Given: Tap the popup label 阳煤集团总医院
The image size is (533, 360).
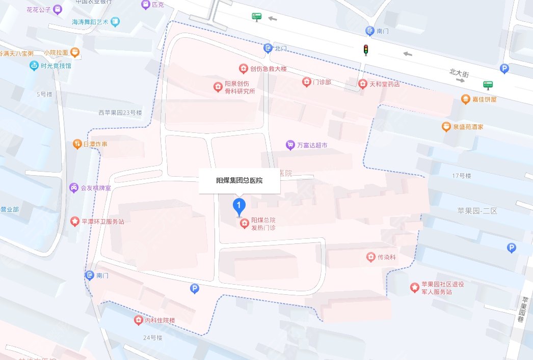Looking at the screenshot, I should (239, 181).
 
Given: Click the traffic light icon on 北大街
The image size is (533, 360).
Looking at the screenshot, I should (365, 49).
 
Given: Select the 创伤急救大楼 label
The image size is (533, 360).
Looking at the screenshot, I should (269, 69).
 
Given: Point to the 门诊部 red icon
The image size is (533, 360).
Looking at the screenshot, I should (306, 81).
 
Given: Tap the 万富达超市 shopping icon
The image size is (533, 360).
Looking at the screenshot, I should (290, 145).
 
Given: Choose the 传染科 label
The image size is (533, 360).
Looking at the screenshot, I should (386, 257).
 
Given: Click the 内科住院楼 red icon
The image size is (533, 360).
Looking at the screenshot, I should (138, 320).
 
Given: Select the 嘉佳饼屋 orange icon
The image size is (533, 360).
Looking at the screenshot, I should (465, 99).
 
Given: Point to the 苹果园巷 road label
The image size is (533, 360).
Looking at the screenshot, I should (520, 310).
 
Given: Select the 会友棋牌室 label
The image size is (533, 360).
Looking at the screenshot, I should (97, 188).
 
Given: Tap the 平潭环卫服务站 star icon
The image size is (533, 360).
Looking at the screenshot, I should (74, 221).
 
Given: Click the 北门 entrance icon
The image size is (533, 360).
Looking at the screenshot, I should (268, 48).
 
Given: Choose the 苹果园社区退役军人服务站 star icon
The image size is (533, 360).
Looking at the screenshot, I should (415, 288).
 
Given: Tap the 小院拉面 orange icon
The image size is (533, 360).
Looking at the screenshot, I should (75, 52).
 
